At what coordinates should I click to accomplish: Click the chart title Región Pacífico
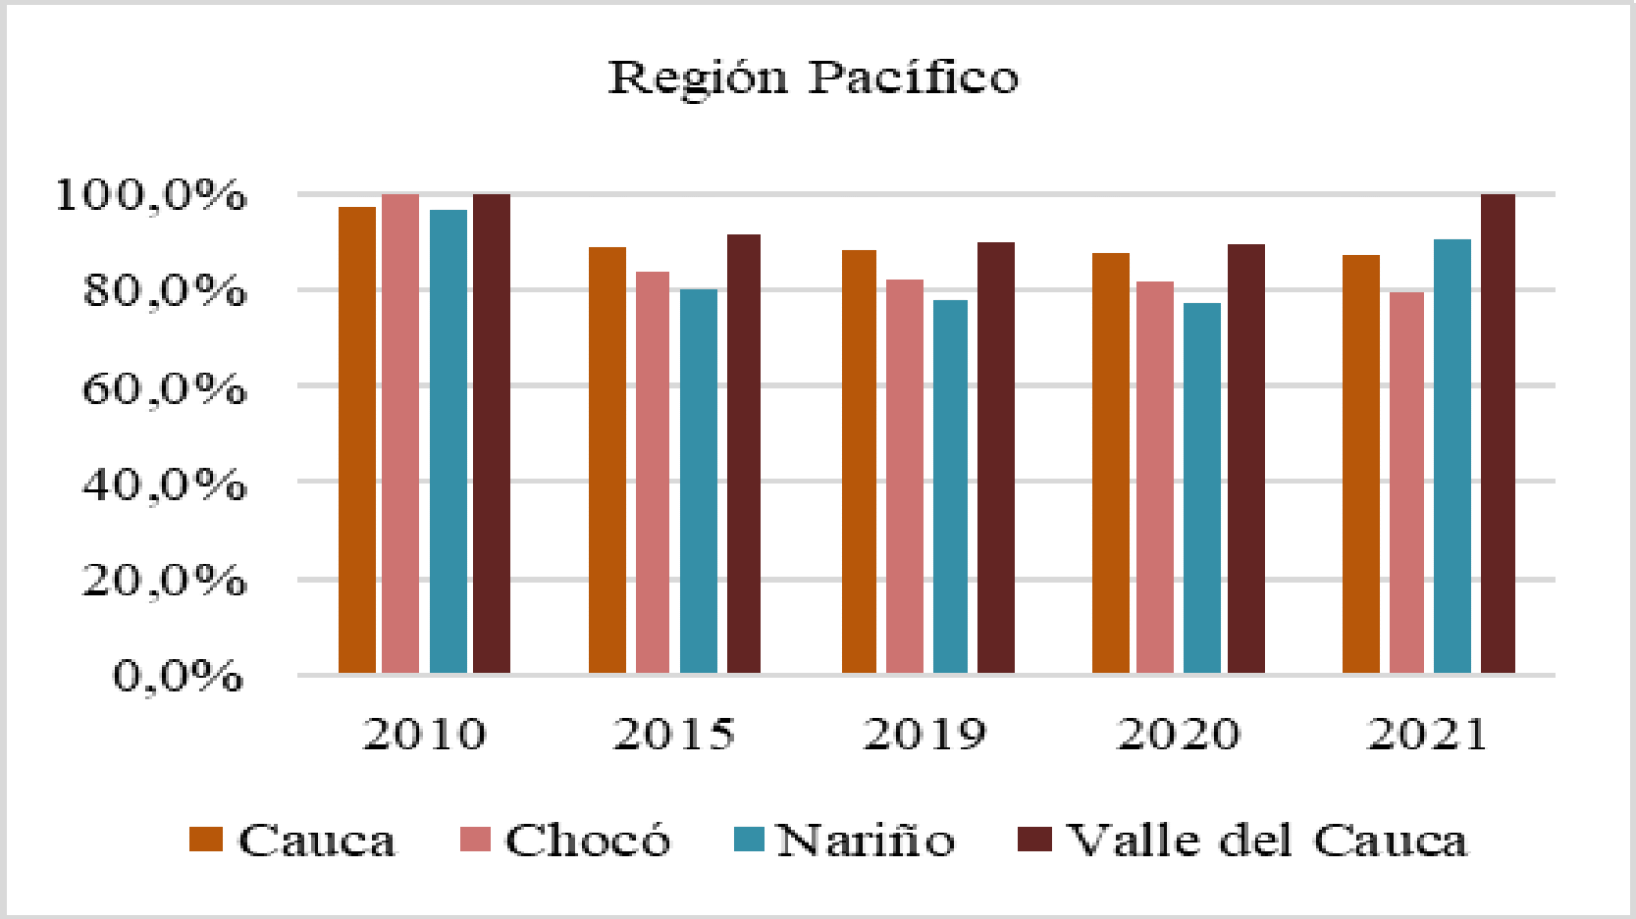click(x=814, y=77)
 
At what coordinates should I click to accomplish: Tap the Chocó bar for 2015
click(x=653, y=472)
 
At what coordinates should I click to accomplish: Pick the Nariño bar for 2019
click(x=950, y=485)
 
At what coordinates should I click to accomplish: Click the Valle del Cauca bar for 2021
click(x=1498, y=433)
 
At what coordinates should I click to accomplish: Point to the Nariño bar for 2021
click(x=1451, y=455)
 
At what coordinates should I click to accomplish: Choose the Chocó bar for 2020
click(x=1155, y=477)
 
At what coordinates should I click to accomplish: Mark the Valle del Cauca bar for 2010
click(x=492, y=433)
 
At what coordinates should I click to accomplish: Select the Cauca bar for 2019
click(x=859, y=461)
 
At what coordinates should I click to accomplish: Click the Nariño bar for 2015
click(x=698, y=481)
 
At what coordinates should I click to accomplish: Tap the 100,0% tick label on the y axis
click(x=150, y=195)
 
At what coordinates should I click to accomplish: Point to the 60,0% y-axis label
click(x=163, y=388)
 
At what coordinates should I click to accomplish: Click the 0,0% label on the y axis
click(x=178, y=676)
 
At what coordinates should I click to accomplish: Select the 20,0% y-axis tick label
click(x=163, y=580)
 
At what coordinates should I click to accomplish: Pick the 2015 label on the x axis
click(x=673, y=734)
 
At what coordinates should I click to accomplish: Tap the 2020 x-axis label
click(x=1178, y=734)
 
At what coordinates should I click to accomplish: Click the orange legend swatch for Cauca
click(x=206, y=839)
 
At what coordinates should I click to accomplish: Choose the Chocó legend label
click(x=587, y=841)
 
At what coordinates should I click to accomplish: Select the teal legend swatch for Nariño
click(x=749, y=839)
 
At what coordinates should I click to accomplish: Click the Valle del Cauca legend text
click(x=1267, y=841)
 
